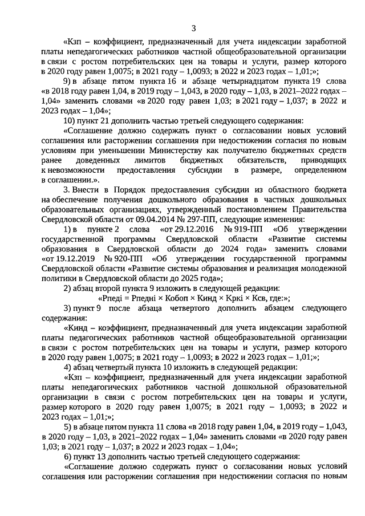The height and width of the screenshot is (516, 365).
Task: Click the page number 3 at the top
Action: (x=194, y=28)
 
